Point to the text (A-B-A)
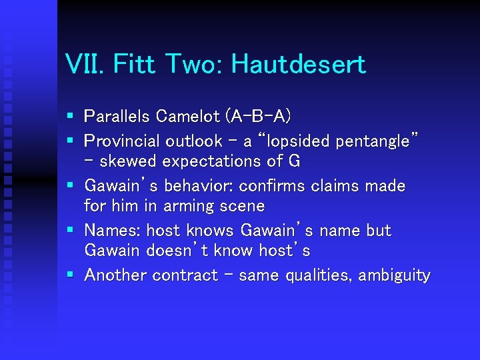click(258, 117)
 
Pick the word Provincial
click(122, 141)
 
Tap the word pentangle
click(377, 141)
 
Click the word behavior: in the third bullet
click(199, 185)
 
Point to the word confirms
click(269, 185)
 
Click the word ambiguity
click(395, 275)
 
